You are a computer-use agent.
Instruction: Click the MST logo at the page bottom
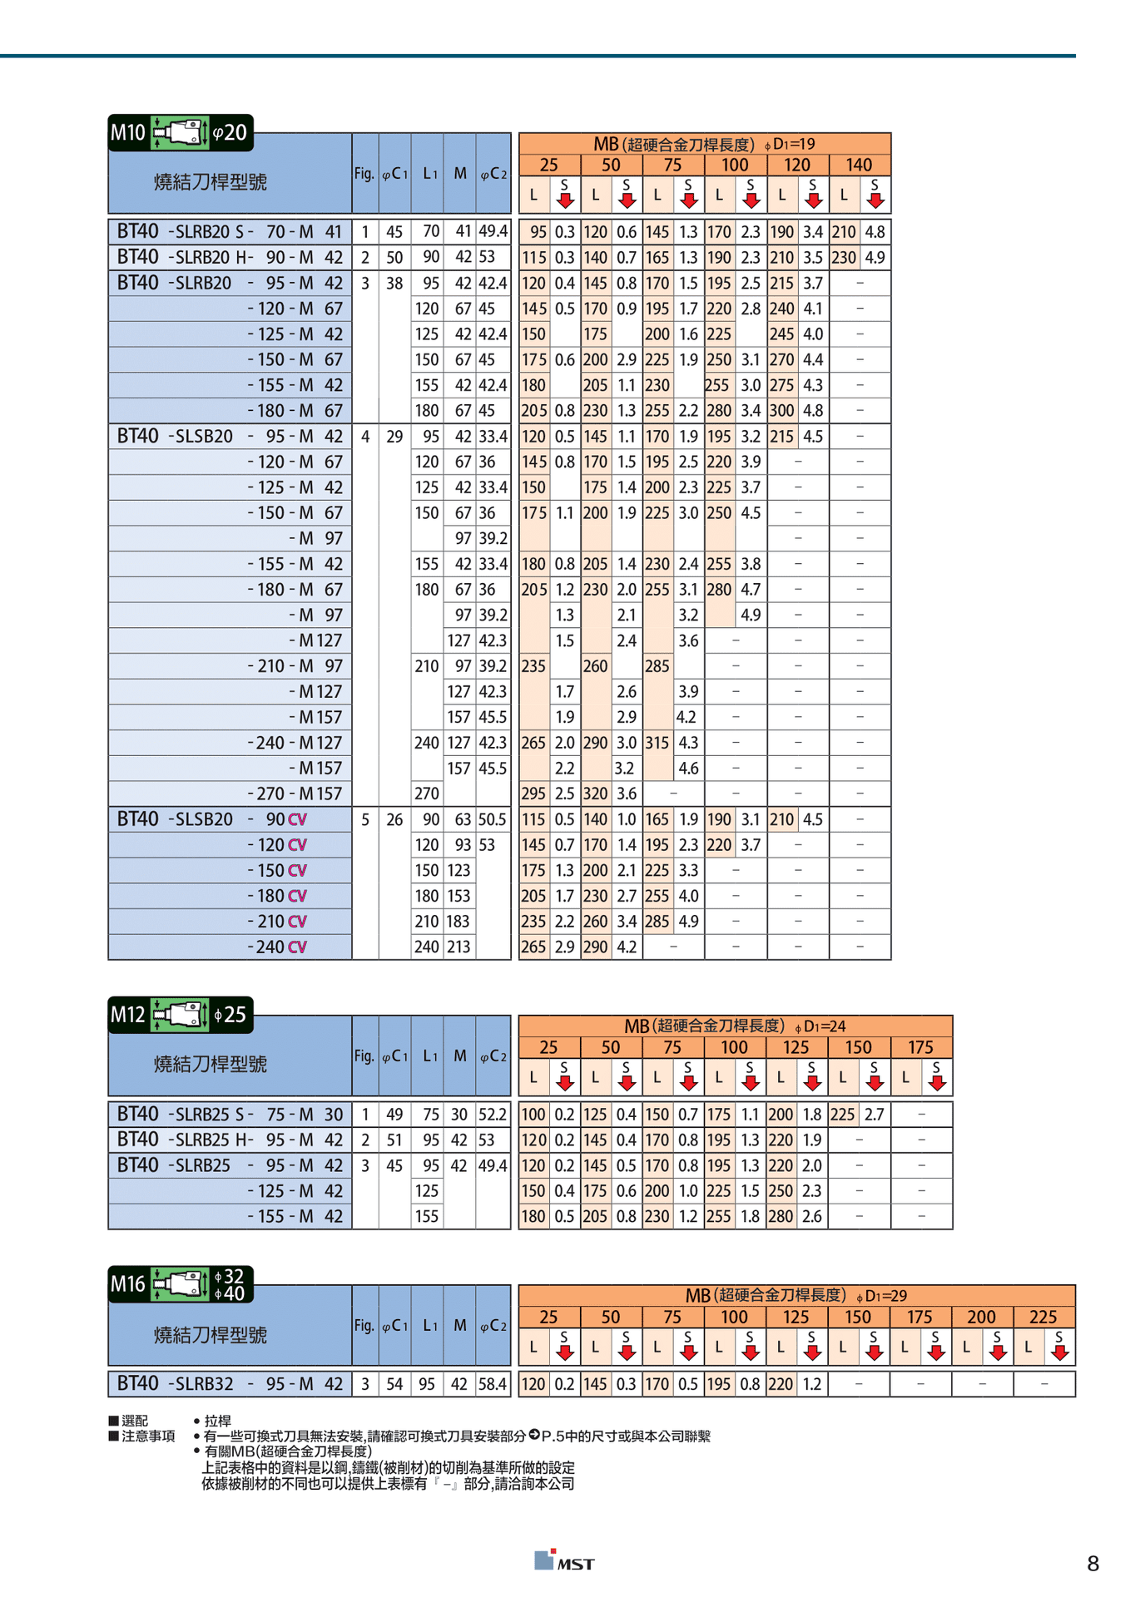coord(565,1561)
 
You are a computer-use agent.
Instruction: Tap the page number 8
coord(1093,1564)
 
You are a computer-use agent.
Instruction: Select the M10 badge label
coord(128,133)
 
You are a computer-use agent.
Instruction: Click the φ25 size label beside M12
coord(230,1015)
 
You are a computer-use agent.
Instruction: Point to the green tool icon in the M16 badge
coord(181,1284)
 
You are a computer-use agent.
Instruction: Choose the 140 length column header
coord(859,165)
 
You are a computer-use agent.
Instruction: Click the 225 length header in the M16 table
coord(1043,1317)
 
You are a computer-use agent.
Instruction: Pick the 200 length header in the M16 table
coord(981,1317)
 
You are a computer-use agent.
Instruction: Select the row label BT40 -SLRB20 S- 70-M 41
coord(229,232)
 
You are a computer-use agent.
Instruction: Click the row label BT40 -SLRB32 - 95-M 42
coord(229,1384)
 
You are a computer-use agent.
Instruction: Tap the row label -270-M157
coord(295,794)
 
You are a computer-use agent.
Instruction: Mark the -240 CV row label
coord(277,947)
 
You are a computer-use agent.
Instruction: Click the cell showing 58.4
coord(493,1384)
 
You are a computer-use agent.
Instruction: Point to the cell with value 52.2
coord(493,1115)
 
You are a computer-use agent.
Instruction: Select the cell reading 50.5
coord(493,819)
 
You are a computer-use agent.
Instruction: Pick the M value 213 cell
coord(458,947)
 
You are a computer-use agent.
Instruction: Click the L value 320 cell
coord(595,794)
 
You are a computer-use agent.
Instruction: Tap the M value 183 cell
coord(458,922)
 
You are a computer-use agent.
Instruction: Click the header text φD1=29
coord(882,1296)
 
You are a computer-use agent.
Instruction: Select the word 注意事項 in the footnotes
coord(148,1436)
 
